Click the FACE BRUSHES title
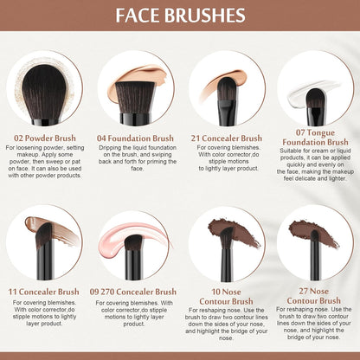(179, 16)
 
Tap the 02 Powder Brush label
(44, 138)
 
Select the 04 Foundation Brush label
(135, 138)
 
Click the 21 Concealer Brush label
(226, 138)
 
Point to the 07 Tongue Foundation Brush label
(315, 137)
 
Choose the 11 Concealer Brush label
(44, 292)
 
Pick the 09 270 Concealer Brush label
(135, 292)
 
